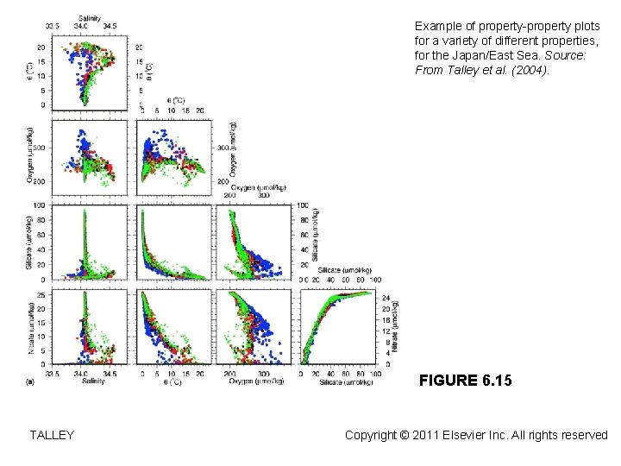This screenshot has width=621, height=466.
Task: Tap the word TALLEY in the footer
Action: point(52,436)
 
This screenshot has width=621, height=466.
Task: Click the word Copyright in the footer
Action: point(373,436)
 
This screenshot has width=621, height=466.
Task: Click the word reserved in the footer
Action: point(584,436)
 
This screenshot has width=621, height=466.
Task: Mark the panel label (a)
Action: point(33,381)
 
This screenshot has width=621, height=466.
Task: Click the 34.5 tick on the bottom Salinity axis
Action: point(110,374)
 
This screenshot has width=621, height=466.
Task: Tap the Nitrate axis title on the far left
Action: point(32,327)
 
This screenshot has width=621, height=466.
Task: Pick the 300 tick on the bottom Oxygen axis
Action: point(265,374)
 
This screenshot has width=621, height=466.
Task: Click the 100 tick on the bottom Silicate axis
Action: point(370,374)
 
